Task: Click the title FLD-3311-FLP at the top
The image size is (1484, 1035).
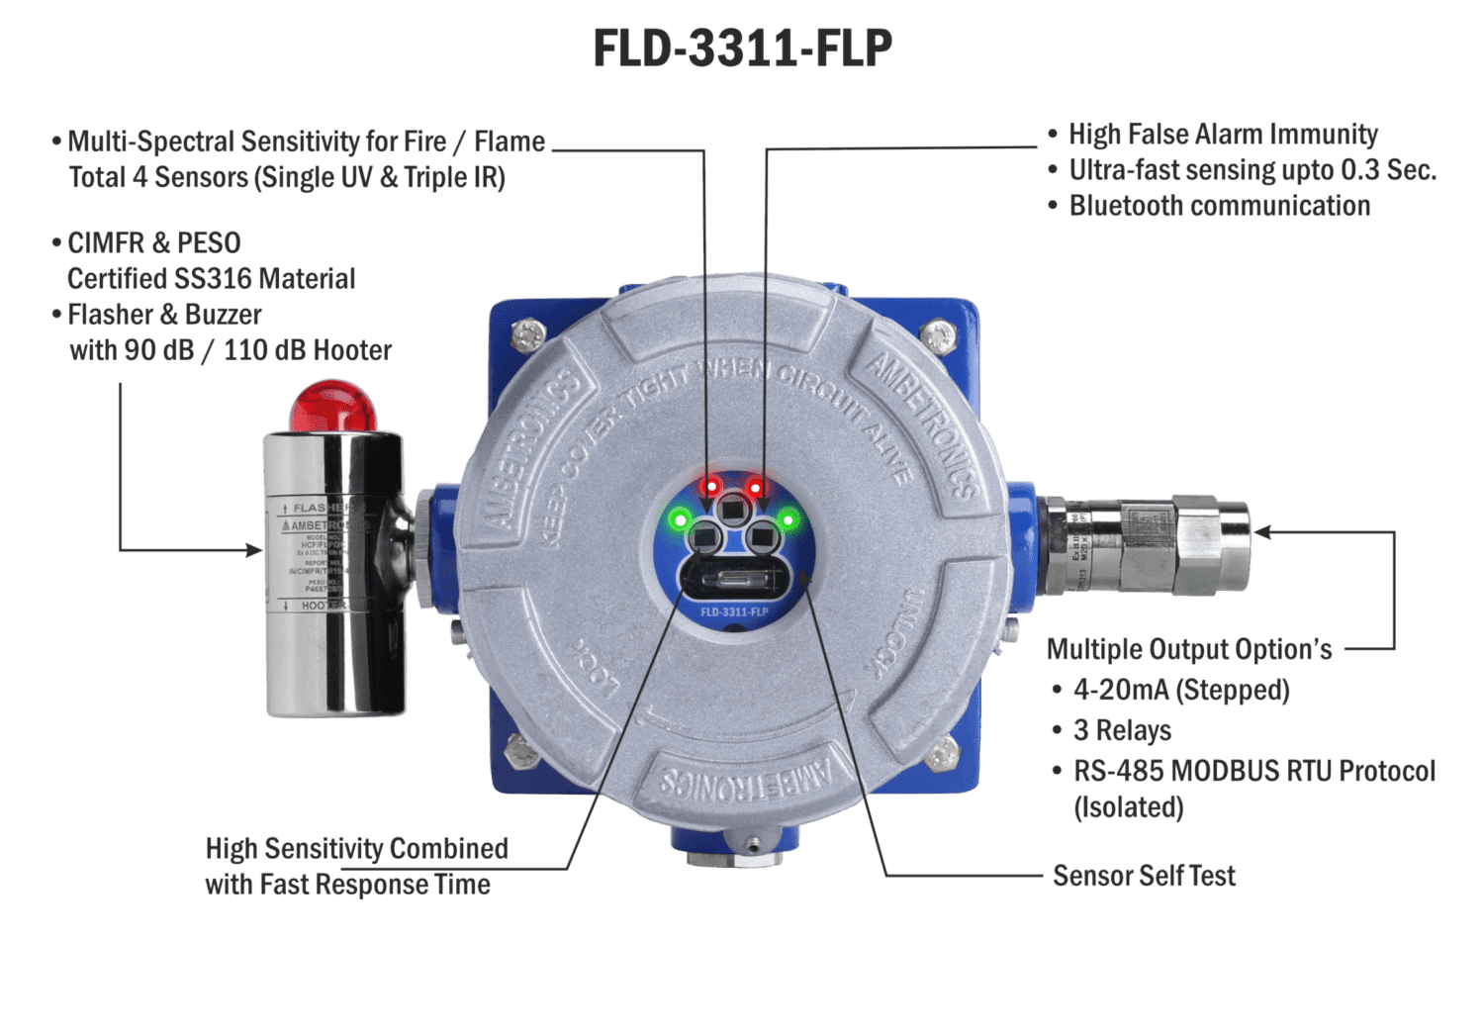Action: (743, 47)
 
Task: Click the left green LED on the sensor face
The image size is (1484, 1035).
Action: (680, 518)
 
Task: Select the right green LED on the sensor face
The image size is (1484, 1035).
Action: (788, 518)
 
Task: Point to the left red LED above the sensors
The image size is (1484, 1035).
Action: (710, 487)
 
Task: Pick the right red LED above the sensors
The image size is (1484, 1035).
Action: (755, 487)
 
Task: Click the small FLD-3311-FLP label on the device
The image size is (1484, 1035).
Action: (734, 612)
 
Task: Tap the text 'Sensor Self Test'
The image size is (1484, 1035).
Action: (1144, 876)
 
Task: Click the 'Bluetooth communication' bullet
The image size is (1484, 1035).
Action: (1219, 206)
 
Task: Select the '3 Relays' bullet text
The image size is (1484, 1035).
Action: (1122, 730)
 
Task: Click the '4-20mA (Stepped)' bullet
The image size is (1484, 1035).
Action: (1180, 690)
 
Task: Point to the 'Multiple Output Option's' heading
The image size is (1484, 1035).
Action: (1189, 649)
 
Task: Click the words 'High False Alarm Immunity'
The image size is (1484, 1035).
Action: (1223, 135)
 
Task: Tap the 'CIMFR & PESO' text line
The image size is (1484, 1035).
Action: (153, 243)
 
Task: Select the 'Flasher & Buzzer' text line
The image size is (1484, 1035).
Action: (163, 315)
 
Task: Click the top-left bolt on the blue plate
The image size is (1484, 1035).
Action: (530, 330)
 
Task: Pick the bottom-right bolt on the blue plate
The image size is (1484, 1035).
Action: (944, 749)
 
